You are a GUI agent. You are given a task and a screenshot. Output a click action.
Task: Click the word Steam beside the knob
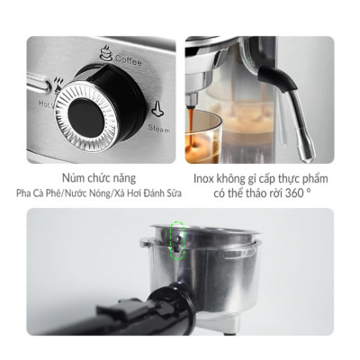coord(159,130)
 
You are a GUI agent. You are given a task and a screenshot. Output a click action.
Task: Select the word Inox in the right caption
coord(208,178)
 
